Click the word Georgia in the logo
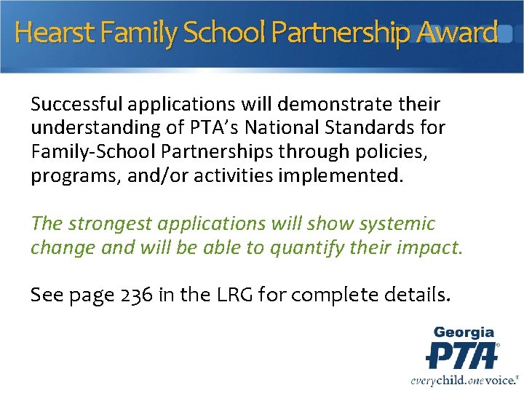(x=464, y=333)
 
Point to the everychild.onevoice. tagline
(x=464, y=379)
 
